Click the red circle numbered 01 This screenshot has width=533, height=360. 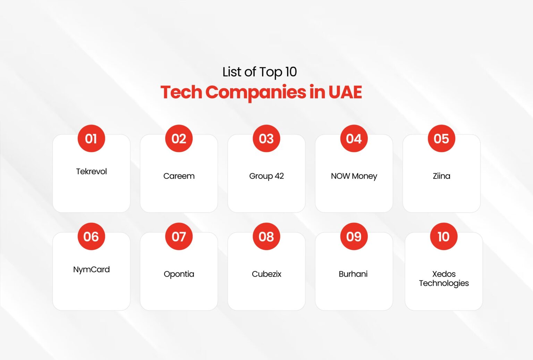[x=91, y=139]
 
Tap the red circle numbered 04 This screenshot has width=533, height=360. [x=354, y=139]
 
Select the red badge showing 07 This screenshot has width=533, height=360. [x=179, y=236]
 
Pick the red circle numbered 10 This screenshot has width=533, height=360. [x=443, y=236]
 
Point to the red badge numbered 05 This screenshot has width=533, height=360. [x=441, y=139]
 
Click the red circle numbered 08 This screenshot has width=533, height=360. [x=266, y=236]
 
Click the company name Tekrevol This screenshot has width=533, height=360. [x=91, y=171]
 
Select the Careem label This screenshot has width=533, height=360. [x=179, y=176]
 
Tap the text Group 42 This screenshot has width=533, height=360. [x=266, y=176]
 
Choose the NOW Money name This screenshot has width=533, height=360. [x=354, y=176]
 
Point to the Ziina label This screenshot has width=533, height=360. [x=441, y=176]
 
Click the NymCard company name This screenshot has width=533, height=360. [x=91, y=269]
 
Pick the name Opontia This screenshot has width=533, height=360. [x=179, y=274]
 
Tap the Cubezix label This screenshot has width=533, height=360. [x=266, y=274]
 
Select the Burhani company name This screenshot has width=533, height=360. [x=353, y=274]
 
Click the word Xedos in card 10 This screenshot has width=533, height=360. [x=444, y=274]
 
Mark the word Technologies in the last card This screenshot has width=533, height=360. [x=444, y=283]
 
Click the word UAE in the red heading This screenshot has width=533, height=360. [x=345, y=92]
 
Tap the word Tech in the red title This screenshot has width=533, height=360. [x=181, y=92]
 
